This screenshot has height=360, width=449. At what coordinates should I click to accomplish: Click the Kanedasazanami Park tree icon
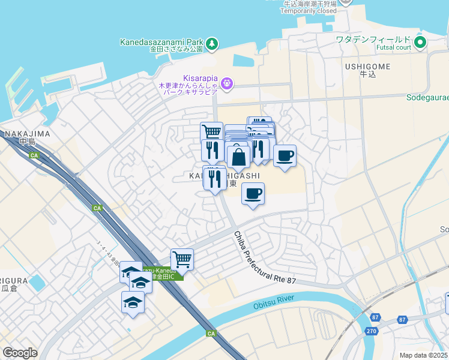[x=212, y=43]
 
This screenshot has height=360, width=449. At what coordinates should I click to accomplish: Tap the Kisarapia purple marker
[x=227, y=83]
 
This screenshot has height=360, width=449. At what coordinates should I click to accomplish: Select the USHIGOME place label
[x=368, y=66]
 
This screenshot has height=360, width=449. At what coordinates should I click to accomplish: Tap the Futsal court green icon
[x=420, y=43]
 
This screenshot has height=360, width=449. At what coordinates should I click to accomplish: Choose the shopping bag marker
[x=238, y=157]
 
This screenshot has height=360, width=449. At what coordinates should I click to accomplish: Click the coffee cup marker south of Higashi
[x=253, y=194]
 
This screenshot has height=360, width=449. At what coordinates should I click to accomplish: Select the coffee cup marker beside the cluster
[x=285, y=155]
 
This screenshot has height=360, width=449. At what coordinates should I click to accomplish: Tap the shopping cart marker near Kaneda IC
[x=182, y=260]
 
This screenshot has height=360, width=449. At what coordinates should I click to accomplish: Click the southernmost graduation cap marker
[x=133, y=302]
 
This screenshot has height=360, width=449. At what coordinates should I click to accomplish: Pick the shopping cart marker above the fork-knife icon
[x=211, y=132]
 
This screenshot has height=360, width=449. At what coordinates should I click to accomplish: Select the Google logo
[x=20, y=353]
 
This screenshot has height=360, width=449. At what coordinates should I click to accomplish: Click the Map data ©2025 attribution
[x=423, y=355]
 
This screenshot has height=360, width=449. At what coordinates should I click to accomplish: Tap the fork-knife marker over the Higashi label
[x=214, y=178]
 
